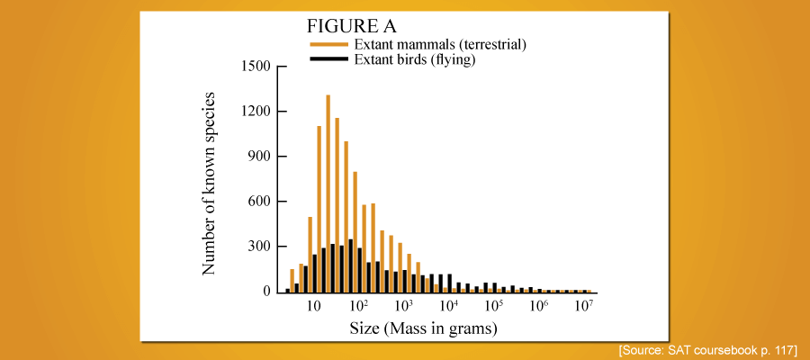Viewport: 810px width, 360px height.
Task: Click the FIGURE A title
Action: point(351,25)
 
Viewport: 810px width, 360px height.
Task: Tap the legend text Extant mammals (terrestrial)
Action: point(440,45)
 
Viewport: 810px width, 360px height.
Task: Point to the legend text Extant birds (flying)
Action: point(414,60)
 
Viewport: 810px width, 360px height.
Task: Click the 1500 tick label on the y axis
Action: point(254,67)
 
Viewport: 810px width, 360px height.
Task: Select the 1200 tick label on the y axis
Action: point(254,112)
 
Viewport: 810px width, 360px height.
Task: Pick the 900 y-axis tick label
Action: point(258,157)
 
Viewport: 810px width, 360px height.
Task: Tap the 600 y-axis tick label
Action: point(258,202)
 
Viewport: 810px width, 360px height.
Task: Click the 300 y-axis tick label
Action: point(258,247)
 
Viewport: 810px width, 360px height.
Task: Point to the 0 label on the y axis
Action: point(266,292)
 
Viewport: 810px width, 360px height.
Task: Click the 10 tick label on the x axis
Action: point(314,306)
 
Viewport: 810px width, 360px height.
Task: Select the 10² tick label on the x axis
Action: point(358,305)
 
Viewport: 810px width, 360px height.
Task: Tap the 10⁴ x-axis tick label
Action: point(449,305)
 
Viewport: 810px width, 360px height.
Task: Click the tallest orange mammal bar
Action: point(328,193)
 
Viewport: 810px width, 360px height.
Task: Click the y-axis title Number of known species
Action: point(209,184)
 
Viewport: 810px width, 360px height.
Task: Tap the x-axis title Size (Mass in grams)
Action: point(424,328)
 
